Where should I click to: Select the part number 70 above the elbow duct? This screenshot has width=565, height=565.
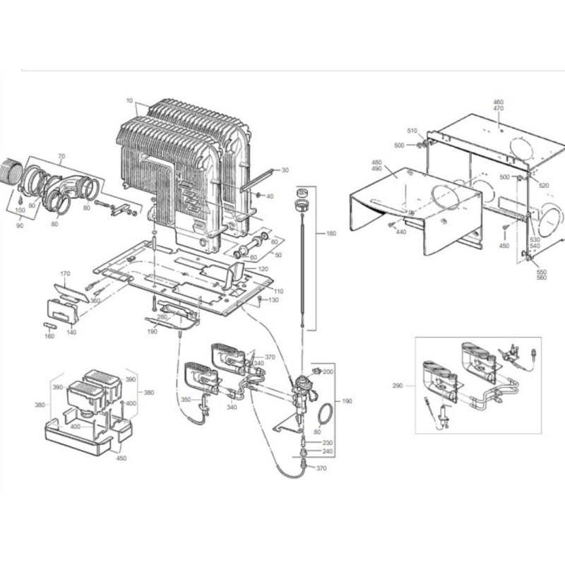click(61, 155)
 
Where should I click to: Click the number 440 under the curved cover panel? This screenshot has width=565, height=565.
click(400, 232)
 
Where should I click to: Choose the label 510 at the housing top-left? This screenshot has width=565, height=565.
click(413, 131)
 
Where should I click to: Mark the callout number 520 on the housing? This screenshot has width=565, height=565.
click(543, 185)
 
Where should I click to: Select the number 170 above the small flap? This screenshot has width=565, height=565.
click(65, 273)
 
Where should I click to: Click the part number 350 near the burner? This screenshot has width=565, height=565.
click(186, 400)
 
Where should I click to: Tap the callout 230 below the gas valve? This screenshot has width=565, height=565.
click(327, 442)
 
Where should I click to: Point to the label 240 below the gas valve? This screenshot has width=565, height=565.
click(327, 451)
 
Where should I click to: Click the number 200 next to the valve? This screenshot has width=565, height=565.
click(327, 371)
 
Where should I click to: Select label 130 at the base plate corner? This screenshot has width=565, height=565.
click(273, 300)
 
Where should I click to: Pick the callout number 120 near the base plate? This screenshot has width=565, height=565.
click(263, 270)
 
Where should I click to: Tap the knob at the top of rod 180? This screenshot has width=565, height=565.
click(305, 193)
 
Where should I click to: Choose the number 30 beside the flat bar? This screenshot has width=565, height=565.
click(285, 170)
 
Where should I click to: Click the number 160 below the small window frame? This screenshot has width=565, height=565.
click(49, 336)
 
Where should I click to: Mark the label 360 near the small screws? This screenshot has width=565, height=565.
click(95, 301)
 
